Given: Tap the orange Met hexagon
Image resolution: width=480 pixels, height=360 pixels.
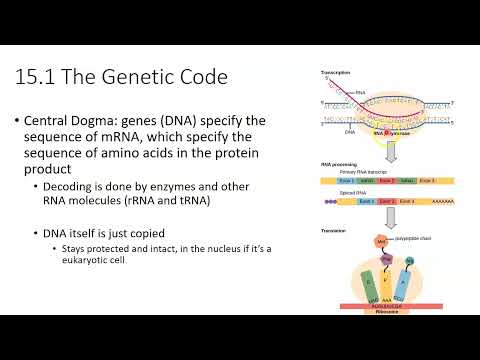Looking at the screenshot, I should click(383, 243).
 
